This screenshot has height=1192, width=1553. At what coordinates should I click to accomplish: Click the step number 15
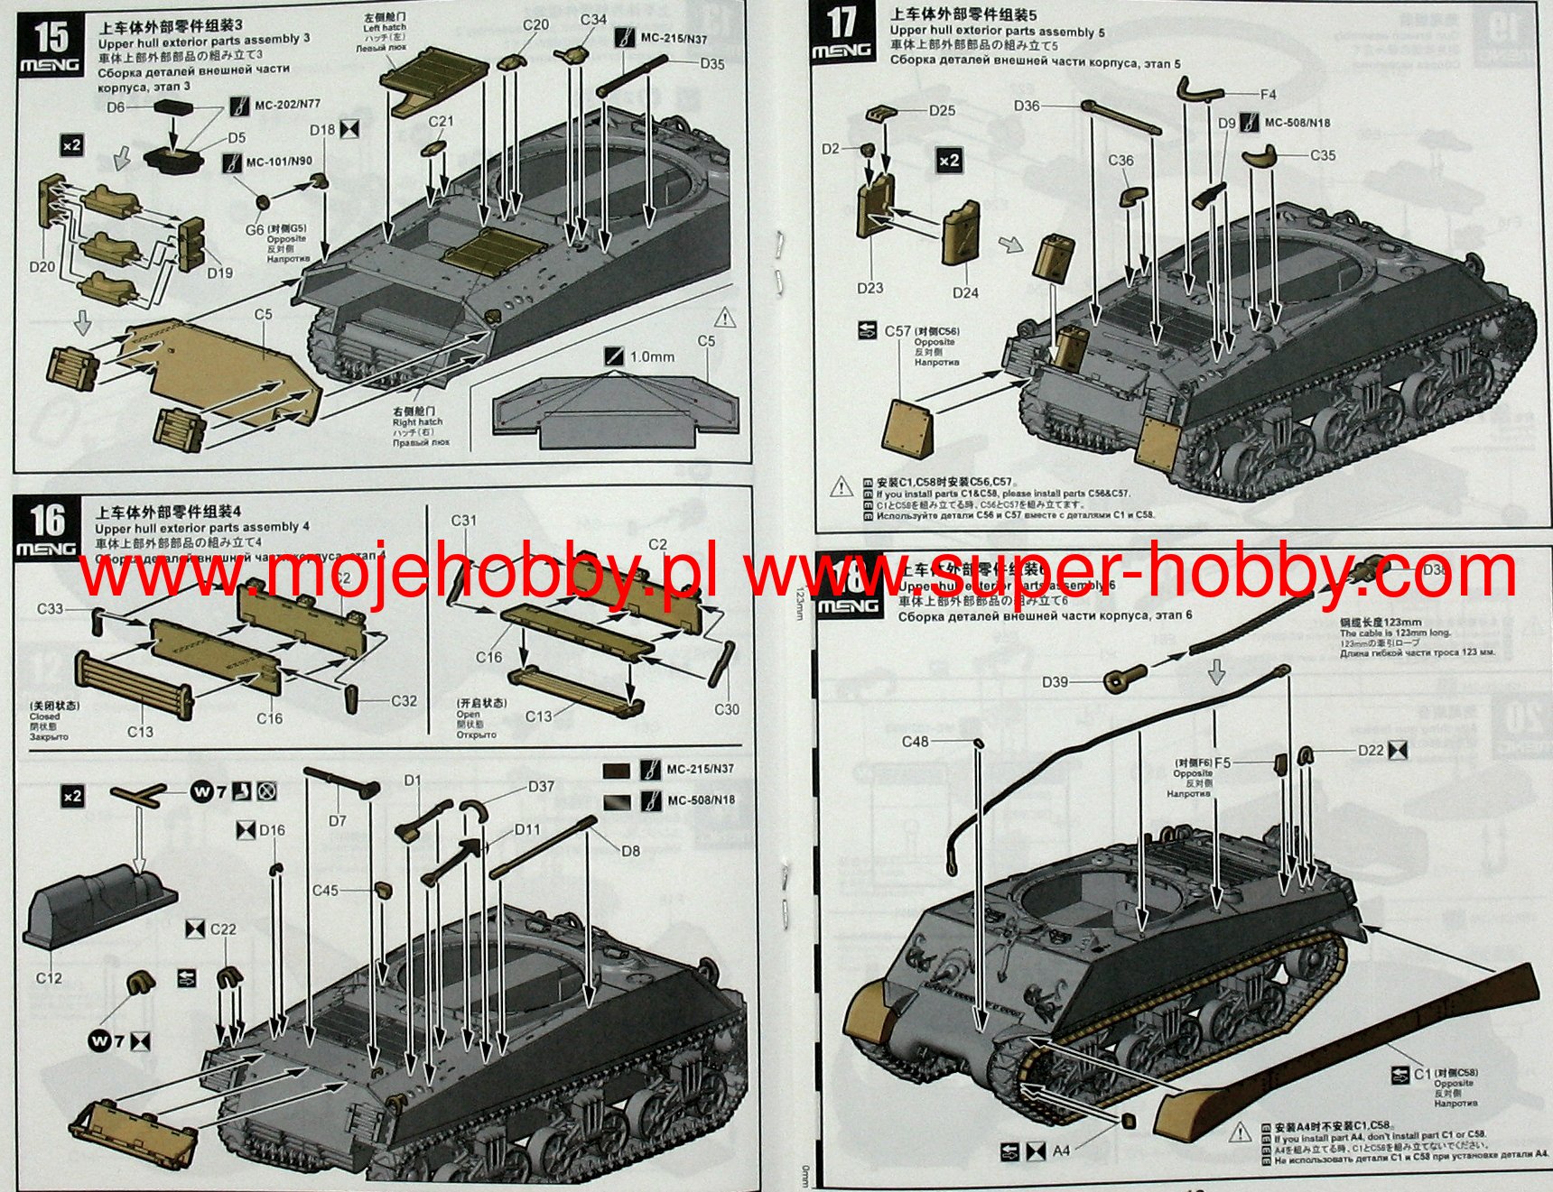(x=51, y=37)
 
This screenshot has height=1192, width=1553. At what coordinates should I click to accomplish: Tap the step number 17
(x=841, y=23)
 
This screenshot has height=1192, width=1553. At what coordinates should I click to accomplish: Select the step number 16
(x=47, y=521)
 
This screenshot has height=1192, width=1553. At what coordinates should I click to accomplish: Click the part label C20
(x=535, y=25)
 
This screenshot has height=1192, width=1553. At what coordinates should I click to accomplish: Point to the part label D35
(x=711, y=64)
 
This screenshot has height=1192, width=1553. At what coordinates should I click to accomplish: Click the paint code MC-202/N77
(x=287, y=105)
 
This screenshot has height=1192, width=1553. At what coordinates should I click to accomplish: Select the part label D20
(x=42, y=267)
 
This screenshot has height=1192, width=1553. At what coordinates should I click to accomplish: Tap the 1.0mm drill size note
(x=652, y=357)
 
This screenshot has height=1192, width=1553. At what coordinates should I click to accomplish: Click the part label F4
(x=1268, y=94)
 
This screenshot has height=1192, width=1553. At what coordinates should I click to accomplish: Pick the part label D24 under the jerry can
(x=965, y=292)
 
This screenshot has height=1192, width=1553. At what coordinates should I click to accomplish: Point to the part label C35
(x=1322, y=155)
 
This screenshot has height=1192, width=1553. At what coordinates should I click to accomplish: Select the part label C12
(x=49, y=978)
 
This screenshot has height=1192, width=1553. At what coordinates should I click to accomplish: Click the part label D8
(x=630, y=851)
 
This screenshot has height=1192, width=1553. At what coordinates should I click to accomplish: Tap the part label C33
(x=50, y=609)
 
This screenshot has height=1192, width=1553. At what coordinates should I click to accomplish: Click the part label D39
(x=1055, y=682)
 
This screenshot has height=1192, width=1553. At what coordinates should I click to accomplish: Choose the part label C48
(x=915, y=742)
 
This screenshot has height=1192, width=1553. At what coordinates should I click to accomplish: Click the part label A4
(x=1061, y=1150)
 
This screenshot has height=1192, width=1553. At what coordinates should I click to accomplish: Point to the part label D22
(x=1371, y=750)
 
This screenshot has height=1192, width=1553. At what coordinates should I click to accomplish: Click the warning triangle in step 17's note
(x=842, y=487)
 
